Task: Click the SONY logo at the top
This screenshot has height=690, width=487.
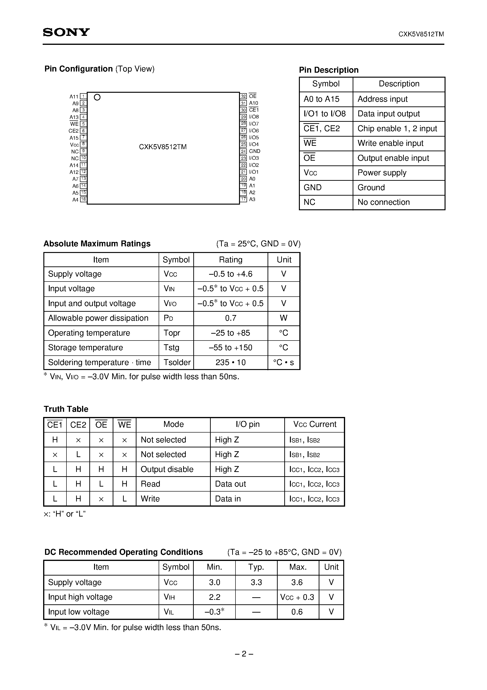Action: point(66,32)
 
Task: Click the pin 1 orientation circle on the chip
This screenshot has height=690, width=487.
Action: point(97,97)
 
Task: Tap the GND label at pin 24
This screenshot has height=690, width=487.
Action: point(255,151)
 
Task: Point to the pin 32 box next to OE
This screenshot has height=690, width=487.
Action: point(243,96)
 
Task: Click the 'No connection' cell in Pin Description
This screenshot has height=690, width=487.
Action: point(384,202)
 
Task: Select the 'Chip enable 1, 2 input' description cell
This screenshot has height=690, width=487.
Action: point(397,129)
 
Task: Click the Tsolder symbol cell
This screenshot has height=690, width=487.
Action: point(177,362)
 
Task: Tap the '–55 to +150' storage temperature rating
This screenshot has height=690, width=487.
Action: point(231,348)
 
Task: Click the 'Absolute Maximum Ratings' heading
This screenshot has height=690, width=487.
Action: point(97,244)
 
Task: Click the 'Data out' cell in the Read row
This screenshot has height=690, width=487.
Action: point(230,484)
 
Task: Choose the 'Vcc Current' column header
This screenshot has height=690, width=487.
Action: point(315,424)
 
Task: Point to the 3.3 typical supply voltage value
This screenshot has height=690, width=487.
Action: point(256,582)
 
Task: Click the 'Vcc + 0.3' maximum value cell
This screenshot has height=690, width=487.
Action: point(297,597)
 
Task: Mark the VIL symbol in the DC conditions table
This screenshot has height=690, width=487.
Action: point(169,612)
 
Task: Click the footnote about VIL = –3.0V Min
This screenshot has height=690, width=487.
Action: point(132,627)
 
